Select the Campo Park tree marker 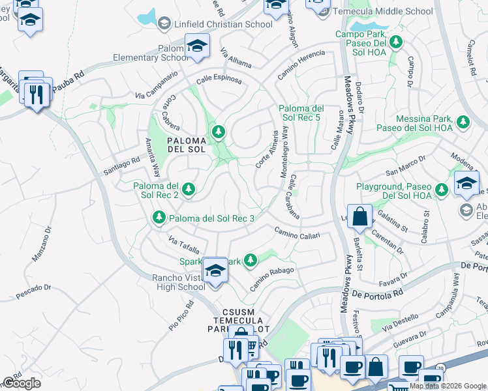tap(395, 43)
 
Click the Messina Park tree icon tap(463, 121)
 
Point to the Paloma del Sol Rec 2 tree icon tap(189, 190)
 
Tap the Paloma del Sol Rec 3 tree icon tap(158, 217)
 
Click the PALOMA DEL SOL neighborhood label tap(186, 145)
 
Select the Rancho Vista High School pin tap(215, 270)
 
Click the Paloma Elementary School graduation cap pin tap(196, 46)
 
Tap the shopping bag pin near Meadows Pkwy tap(359, 216)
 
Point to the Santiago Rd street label tap(122, 166)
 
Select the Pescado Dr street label tap(33, 291)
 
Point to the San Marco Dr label tap(406, 166)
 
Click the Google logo tap(22, 383)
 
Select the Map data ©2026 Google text tap(448, 386)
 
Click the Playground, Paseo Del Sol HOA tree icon tap(442, 190)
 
